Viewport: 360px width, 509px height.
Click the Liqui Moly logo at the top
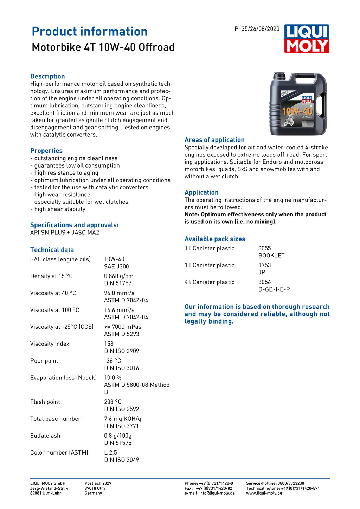click(x=307, y=39)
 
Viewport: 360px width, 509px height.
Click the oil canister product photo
click(x=298, y=104)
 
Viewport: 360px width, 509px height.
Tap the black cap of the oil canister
click(x=279, y=76)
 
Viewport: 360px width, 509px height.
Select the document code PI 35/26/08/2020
click(x=257, y=29)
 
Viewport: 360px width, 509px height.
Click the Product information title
click(x=90, y=32)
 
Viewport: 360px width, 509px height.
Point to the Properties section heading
click(x=46, y=151)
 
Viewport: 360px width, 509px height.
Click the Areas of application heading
click(x=214, y=140)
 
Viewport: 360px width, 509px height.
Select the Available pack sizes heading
click(x=215, y=239)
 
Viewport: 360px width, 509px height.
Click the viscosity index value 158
click(x=109, y=344)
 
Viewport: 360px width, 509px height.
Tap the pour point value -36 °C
click(x=112, y=361)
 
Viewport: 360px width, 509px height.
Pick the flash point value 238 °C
click(x=113, y=402)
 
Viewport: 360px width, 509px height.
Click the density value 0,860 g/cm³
click(x=120, y=276)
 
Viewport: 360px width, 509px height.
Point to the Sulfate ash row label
click(x=45, y=436)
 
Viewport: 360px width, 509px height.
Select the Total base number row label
click(x=55, y=419)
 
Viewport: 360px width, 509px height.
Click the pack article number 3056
click(x=264, y=282)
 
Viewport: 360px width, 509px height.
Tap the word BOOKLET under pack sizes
click(x=271, y=255)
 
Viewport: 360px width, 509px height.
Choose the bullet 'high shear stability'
click(x=60, y=209)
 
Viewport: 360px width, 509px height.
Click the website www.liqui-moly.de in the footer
click(x=264, y=493)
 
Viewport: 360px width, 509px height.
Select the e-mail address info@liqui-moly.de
click(x=217, y=493)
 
